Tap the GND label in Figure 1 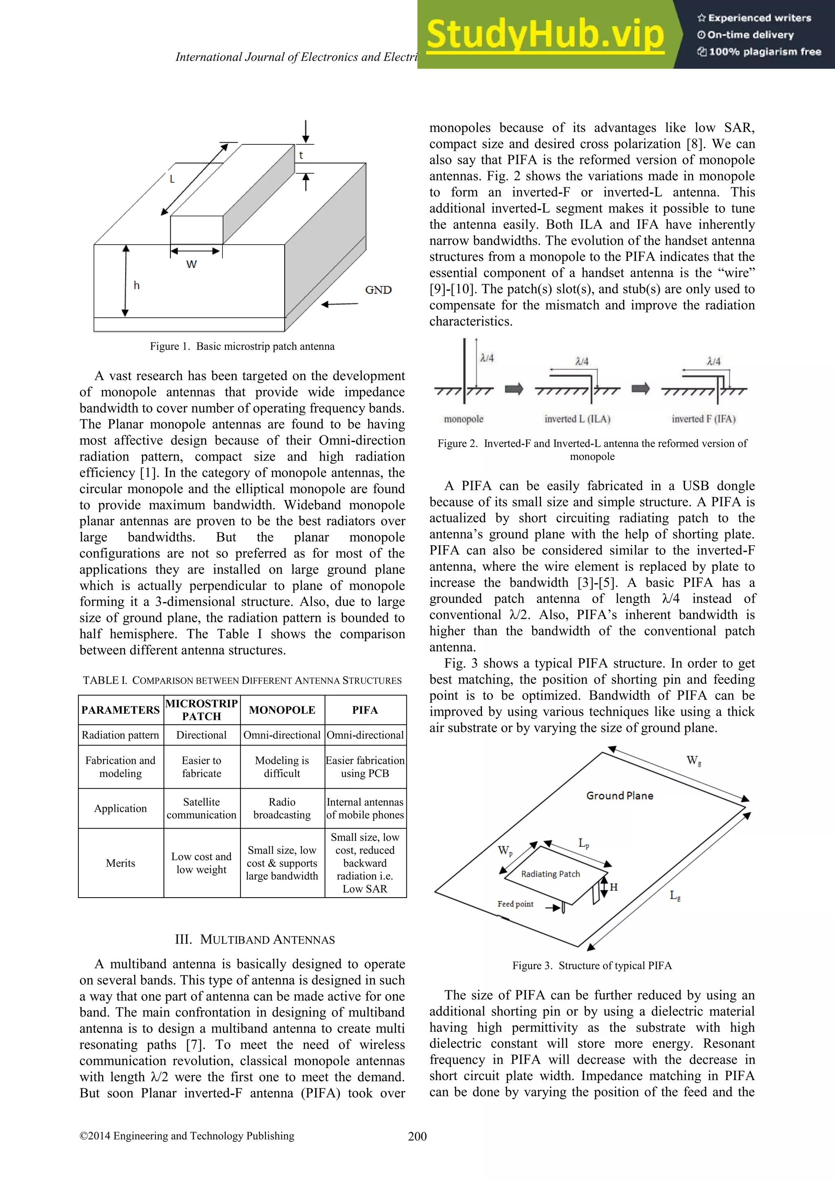pyautogui.click(x=378, y=290)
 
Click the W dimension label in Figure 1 pyautogui.click(x=191, y=264)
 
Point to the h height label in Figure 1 pyautogui.click(x=136, y=285)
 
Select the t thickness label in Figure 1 pyautogui.click(x=301, y=155)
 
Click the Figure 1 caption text pyautogui.click(x=242, y=346)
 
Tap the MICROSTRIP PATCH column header pyautogui.click(x=201, y=710)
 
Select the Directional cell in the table pyautogui.click(x=201, y=735)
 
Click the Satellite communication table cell pyautogui.click(x=201, y=808)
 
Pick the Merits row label pyautogui.click(x=120, y=863)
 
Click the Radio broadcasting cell pyautogui.click(x=282, y=808)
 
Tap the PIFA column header pyautogui.click(x=365, y=710)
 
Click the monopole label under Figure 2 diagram pyautogui.click(x=463, y=419)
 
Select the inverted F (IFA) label pyautogui.click(x=703, y=419)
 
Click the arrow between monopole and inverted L pyautogui.click(x=514, y=389)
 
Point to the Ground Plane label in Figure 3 pyautogui.click(x=620, y=796)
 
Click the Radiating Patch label pyautogui.click(x=550, y=874)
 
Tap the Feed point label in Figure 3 pyautogui.click(x=515, y=904)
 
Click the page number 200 pyautogui.click(x=417, y=1136)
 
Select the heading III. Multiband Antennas pyautogui.click(x=254, y=940)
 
